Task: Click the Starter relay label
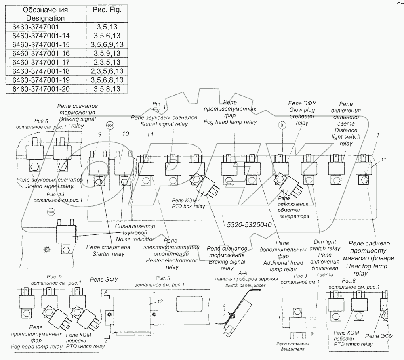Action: pos(102,250)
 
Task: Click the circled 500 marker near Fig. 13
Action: pos(51,211)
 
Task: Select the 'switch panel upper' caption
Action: pos(242,285)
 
